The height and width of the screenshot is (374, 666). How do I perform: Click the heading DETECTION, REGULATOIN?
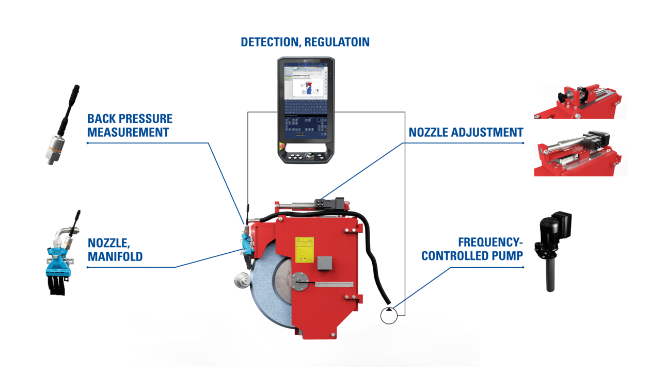point(305,42)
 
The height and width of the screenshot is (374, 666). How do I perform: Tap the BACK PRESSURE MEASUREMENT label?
point(130,125)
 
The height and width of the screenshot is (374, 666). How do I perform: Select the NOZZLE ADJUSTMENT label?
point(466,133)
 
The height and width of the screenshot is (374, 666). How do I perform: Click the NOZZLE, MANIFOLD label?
point(115,250)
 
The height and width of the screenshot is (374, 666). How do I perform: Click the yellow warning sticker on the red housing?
point(304,248)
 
